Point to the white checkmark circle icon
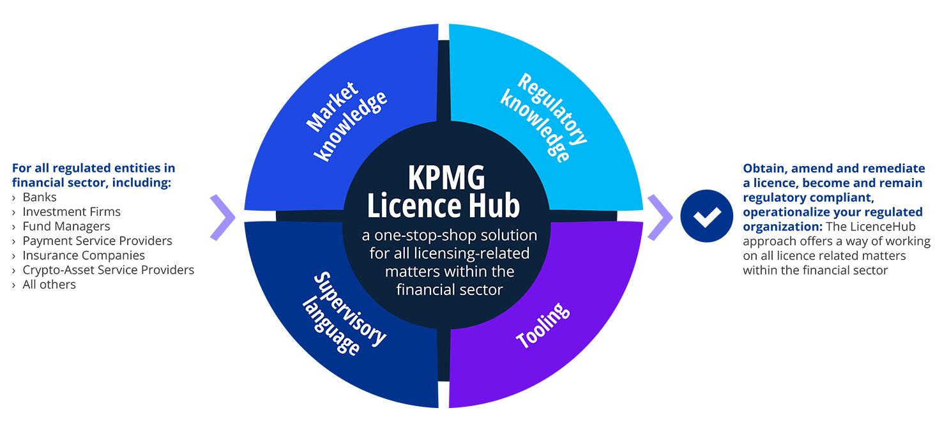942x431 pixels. [706, 216]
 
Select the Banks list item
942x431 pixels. [40, 197]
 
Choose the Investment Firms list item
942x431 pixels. [72, 211]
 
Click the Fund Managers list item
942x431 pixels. [66, 226]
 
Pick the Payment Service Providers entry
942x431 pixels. [98, 241]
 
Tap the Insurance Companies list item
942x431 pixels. [84, 255]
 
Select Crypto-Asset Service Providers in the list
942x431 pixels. [109, 270]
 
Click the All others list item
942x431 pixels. [49, 285]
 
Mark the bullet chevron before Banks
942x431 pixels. [14, 197]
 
